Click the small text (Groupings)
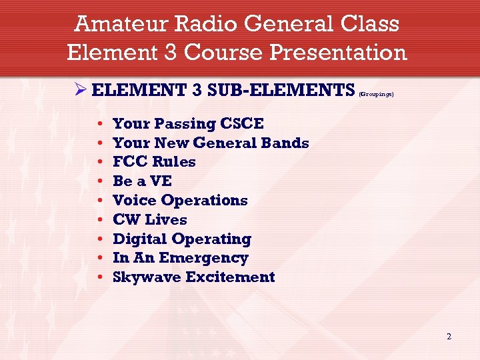tap(377, 94)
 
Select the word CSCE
tap(242, 124)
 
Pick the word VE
tap(161, 181)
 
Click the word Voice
tap(135, 201)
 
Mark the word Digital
tap(140, 239)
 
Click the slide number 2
tap(449, 337)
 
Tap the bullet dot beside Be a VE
tap(99, 181)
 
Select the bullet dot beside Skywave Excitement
tap(99, 277)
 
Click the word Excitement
tap(230, 277)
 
